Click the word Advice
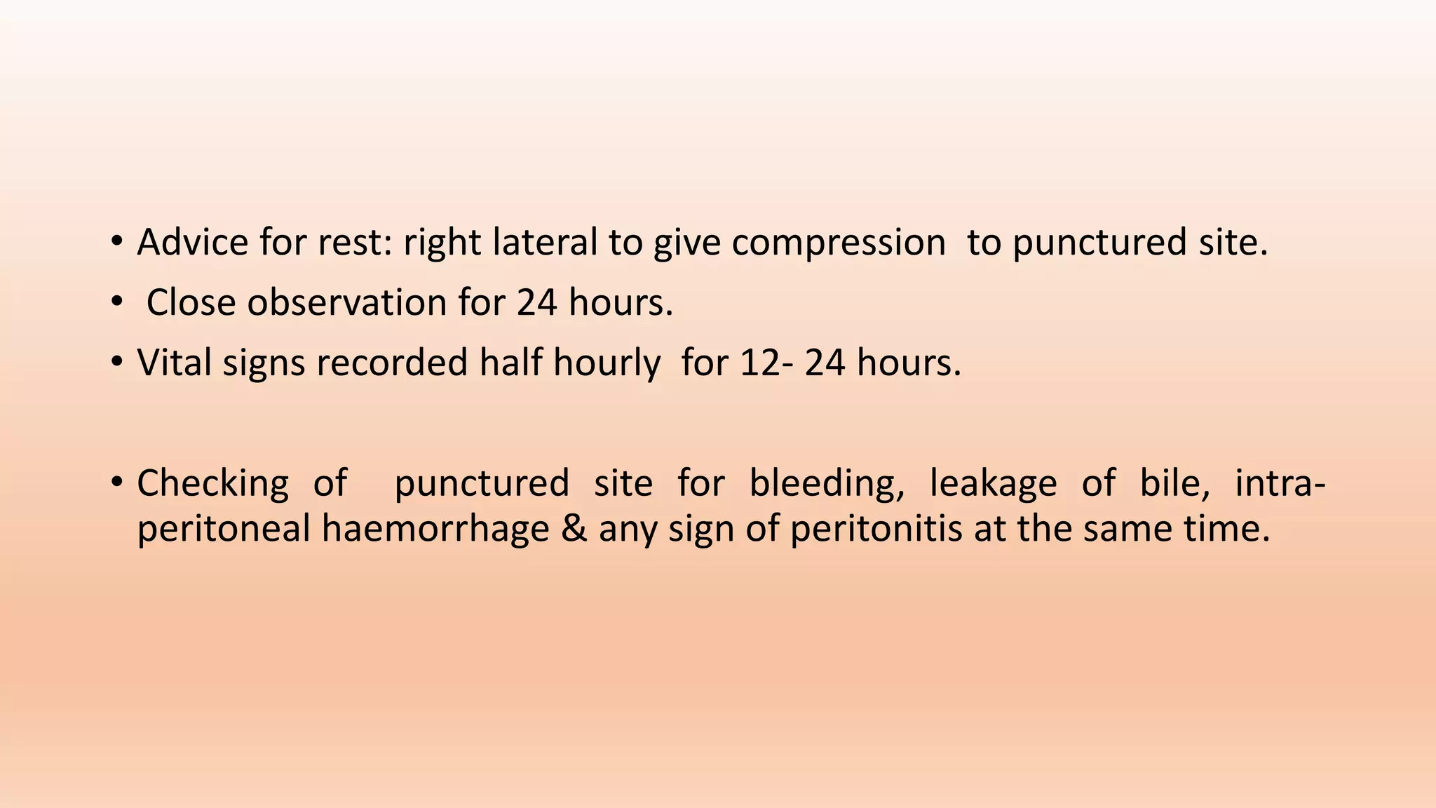(192, 243)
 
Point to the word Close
(191, 303)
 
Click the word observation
(346, 303)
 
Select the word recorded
(392, 363)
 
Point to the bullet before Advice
(116, 243)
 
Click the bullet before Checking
(116, 483)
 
